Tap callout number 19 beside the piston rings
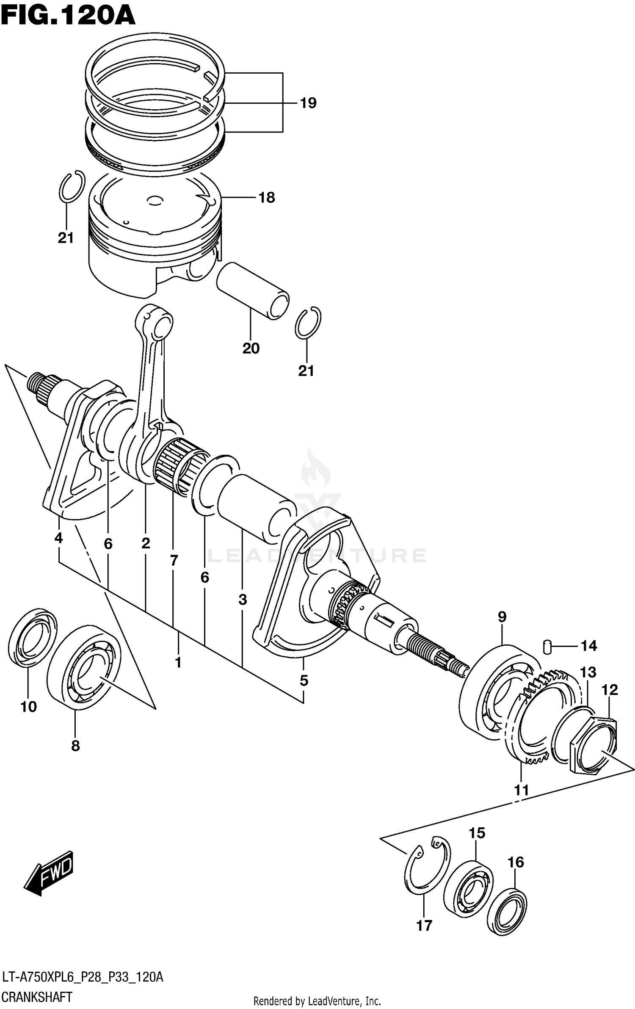coord(308,103)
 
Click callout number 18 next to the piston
coord(267,197)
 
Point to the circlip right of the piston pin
coord(308,323)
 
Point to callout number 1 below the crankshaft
coord(178,663)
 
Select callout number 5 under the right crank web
coord(304,680)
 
